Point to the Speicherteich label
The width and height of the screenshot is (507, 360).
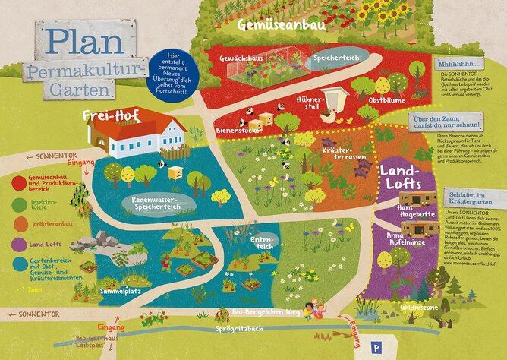[x=338, y=57]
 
